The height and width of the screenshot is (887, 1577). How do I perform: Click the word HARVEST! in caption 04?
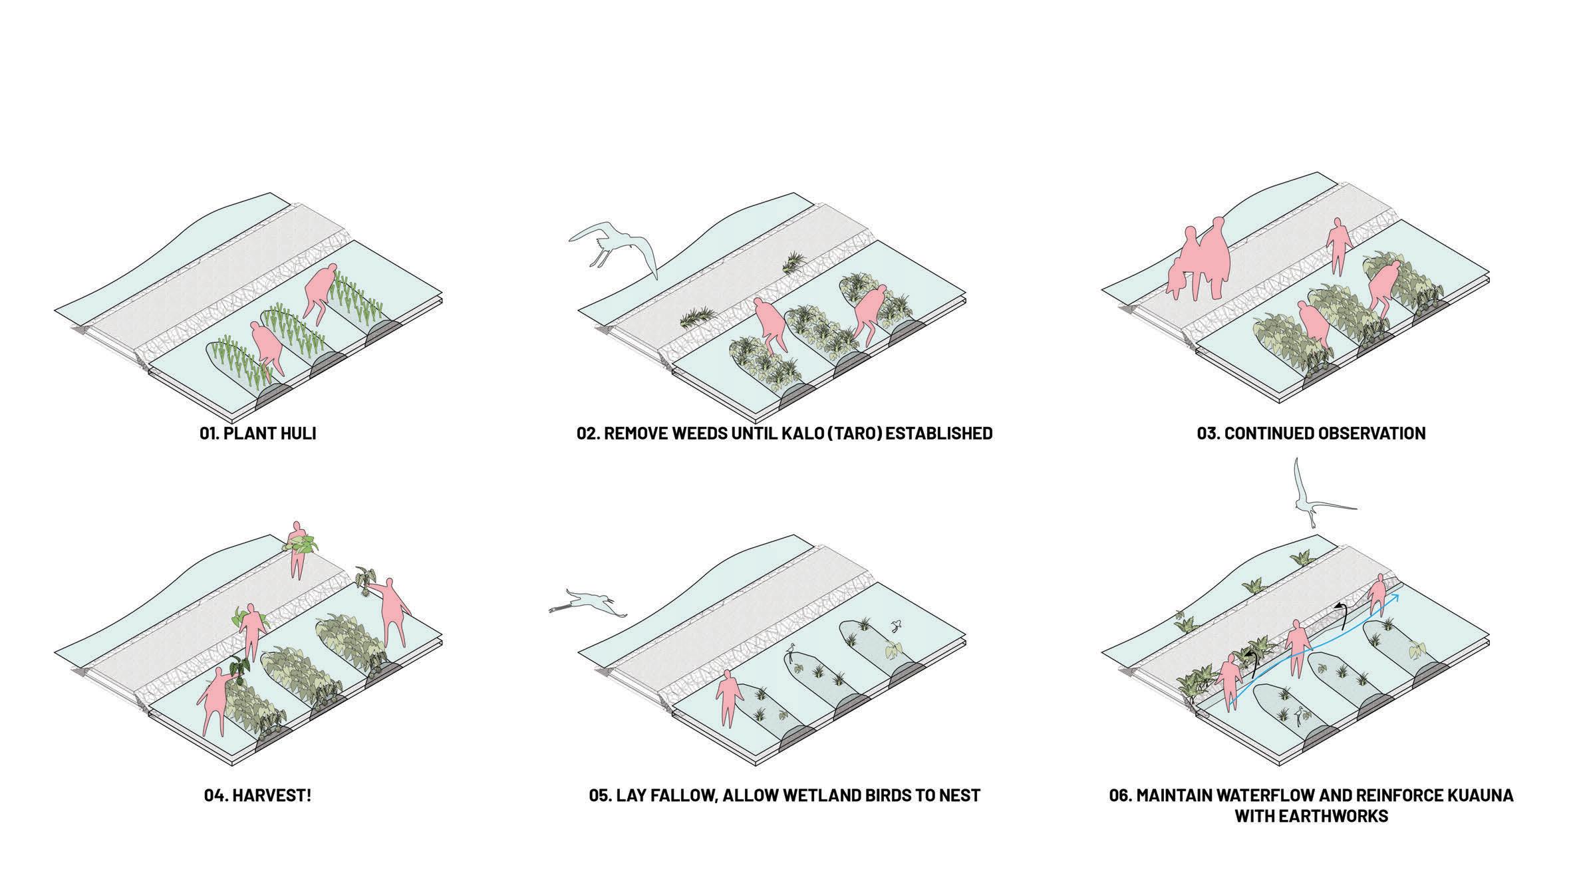pos(271,795)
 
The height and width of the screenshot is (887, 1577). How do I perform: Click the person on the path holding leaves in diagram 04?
pos(297,549)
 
